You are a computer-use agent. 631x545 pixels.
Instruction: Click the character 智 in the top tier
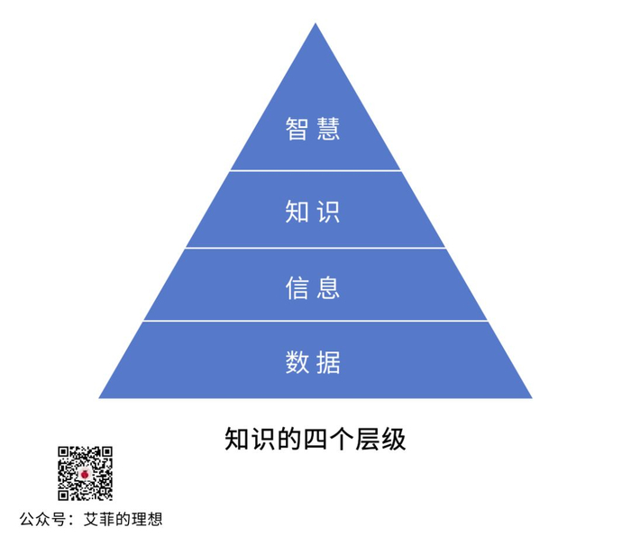point(298,129)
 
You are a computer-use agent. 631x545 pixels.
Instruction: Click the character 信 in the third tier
point(298,287)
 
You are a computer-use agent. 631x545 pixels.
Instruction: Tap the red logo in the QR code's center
point(86,474)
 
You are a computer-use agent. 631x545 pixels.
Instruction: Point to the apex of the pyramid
point(315,25)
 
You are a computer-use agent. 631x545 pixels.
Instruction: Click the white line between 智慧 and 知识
point(315,170)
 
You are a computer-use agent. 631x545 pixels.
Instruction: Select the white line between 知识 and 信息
point(315,248)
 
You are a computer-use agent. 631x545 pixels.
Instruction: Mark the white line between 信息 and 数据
point(315,321)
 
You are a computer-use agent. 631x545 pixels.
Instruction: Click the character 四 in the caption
point(316,440)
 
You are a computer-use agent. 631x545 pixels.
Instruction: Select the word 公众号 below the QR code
point(42,520)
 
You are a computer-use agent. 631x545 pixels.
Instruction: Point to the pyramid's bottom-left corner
point(100,397)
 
